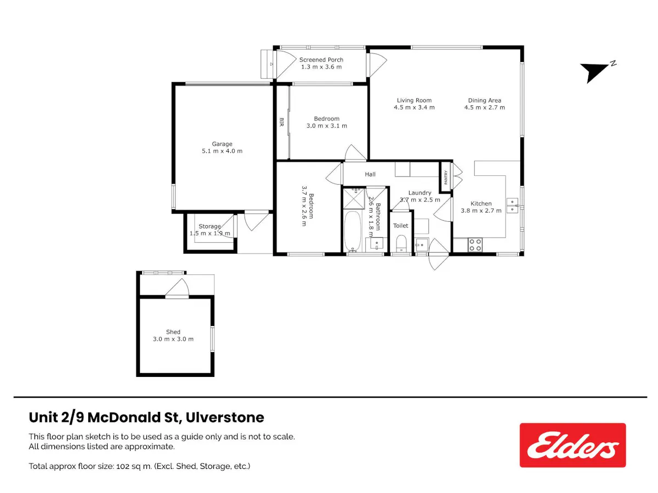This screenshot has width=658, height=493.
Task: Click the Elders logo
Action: point(572,445)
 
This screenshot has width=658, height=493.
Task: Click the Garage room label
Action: point(222,144)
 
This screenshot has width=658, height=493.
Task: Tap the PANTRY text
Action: point(445,177)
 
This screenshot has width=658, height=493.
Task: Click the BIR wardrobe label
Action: point(281,122)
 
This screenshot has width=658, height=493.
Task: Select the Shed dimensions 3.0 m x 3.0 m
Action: point(173,339)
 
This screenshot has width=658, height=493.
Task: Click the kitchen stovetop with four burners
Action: point(475,244)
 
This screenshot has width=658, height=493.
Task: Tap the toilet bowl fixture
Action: point(401,243)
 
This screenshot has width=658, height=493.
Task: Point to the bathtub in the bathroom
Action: point(352,231)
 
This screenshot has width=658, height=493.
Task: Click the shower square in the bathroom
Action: point(354,198)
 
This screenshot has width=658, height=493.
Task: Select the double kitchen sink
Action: point(512,205)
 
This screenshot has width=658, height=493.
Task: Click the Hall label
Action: point(370,174)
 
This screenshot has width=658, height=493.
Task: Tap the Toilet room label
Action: point(400,226)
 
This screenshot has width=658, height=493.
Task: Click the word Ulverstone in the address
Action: point(225,417)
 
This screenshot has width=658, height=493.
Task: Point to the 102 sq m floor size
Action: point(134,466)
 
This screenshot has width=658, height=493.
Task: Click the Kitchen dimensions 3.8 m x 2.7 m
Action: point(481,210)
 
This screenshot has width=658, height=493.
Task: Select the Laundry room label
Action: point(419,193)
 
